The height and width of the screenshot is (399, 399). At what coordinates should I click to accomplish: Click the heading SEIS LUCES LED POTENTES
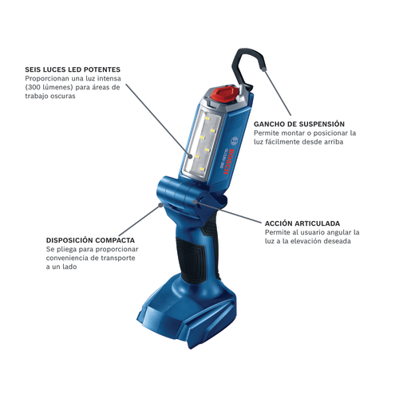[73, 69]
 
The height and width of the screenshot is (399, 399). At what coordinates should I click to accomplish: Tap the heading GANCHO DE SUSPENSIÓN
[299, 124]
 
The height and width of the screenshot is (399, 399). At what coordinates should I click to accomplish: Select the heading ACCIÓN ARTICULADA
[302, 223]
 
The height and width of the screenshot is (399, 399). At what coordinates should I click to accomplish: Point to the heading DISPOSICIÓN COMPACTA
[90, 240]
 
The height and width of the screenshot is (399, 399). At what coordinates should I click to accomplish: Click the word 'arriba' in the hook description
[334, 142]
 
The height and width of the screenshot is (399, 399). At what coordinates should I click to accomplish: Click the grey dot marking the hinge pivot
[195, 202]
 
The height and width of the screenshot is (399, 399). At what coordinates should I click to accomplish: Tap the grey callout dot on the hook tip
[263, 69]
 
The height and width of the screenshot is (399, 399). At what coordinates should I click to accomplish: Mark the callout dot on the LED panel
[190, 156]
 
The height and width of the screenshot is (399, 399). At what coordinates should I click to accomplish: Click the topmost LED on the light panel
[207, 117]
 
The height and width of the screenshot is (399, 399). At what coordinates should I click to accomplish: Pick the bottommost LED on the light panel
[202, 169]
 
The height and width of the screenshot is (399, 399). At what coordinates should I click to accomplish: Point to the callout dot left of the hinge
[160, 205]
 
